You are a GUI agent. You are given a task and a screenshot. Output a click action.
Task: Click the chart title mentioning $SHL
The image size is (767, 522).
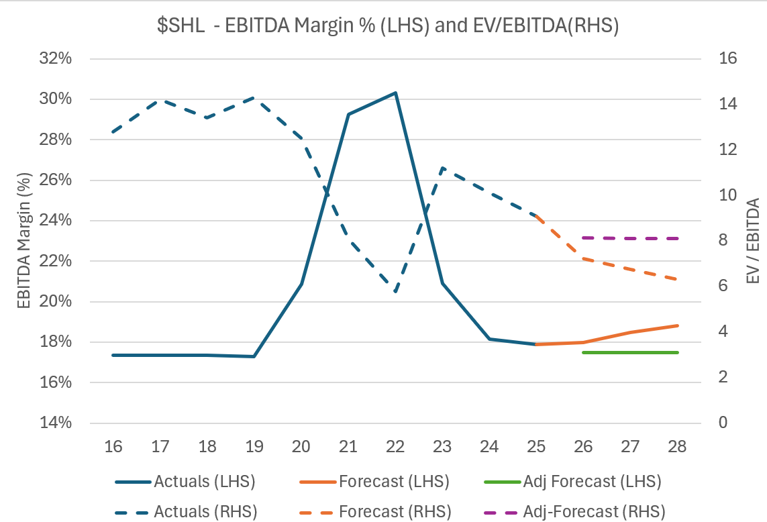click(x=383, y=28)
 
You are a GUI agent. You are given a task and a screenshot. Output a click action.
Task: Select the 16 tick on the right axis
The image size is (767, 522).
click(x=729, y=58)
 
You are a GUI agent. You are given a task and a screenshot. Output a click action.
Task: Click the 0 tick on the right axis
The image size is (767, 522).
click(x=723, y=423)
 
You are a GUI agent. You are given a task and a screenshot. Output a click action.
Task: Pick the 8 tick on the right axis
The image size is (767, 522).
click(x=723, y=241)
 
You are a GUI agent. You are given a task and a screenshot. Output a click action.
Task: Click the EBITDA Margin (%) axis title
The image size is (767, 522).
click(x=25, y=240)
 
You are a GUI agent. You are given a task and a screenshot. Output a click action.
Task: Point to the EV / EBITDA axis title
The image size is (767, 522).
click(x=753, y=240)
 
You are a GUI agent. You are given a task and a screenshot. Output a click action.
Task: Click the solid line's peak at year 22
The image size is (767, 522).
click(x=396, y=93)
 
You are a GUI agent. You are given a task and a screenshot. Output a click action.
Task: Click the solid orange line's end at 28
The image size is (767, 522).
click(x=678, y=325)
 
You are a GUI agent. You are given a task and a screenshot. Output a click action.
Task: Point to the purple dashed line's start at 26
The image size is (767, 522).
click(x=584, y=238)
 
